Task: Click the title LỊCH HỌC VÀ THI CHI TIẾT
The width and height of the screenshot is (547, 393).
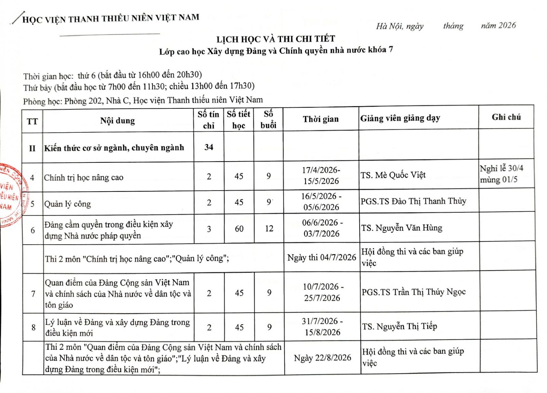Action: click(276, 39)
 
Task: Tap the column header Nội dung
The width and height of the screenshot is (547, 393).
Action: click(117, 121)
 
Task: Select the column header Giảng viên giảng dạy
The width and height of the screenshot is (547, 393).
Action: click(400, 118)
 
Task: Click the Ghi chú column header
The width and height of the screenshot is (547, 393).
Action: click(506, 117)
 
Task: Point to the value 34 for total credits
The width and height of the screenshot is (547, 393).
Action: click(209, 147)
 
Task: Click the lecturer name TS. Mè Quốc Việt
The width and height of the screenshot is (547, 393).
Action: click(393, 175)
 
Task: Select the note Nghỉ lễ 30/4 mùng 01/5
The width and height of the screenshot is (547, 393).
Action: click(501, 174)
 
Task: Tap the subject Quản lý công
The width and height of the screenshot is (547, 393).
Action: click(67, 204)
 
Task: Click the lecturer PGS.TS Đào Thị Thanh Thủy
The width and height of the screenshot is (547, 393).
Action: click(413, 201)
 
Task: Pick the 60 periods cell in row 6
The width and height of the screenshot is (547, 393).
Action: click(239, 229)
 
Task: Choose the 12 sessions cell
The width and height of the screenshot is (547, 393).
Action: click(269, 229)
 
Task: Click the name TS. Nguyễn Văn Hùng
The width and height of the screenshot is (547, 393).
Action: click(402, 228)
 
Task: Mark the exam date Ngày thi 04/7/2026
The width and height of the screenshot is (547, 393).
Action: click(321, 258)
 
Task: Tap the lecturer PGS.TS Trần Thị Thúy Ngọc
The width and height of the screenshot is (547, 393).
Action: click(413, 292)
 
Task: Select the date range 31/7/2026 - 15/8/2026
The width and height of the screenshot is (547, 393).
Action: click(322, 327)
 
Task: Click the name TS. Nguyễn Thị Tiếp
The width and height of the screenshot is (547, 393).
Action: click(399, 327)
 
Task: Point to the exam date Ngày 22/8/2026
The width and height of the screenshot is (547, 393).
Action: click(322, 358)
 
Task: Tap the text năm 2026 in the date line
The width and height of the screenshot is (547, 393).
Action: click(498, 25)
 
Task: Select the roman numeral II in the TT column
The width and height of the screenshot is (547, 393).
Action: click(32, 148)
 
